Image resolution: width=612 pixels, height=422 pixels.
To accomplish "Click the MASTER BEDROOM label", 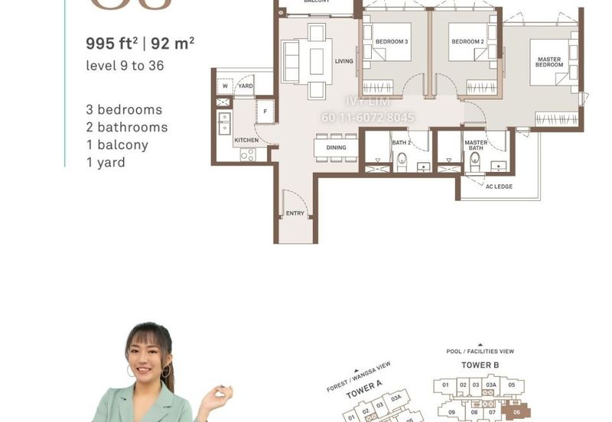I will (549, 62).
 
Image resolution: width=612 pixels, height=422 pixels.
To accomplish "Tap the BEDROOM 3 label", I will (391, 41).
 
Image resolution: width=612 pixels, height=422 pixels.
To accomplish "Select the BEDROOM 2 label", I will (467, 41).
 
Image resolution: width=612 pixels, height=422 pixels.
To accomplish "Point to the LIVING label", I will (343, 61).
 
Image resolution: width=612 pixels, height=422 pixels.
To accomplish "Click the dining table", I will (336, 148).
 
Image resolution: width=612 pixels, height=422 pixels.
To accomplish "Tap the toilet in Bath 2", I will (401, 159).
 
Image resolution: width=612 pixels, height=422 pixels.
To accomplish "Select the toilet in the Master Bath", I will (474, 160).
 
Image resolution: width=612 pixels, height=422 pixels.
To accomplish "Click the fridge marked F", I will (265, 112).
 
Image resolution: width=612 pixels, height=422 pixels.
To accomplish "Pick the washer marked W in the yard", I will (225, 86).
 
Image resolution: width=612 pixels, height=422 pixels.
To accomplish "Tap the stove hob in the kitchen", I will (248, 154).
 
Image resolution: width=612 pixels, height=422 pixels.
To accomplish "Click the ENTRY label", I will (295, 213).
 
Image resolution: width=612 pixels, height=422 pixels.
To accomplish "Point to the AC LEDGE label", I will (499, 187).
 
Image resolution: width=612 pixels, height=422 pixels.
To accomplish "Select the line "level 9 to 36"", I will (125, 66).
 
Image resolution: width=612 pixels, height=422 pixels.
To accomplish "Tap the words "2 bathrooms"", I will (126, 127).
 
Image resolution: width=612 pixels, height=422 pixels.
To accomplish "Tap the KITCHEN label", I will (246, 141).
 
